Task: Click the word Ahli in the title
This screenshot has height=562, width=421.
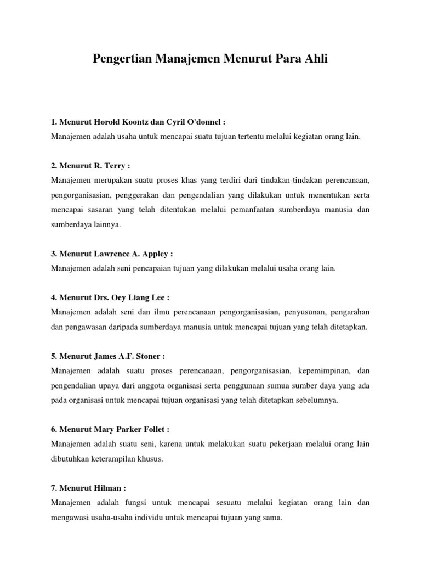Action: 315,59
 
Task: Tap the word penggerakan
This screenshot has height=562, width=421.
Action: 135,195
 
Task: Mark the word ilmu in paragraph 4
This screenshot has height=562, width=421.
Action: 155,312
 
